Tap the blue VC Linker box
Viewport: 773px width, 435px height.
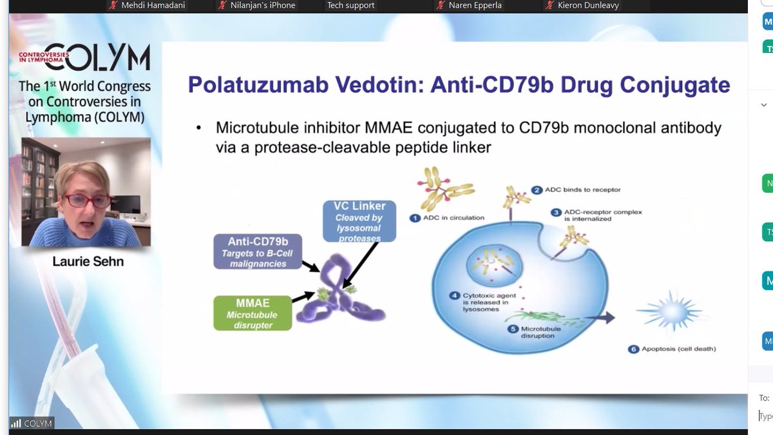[x=359, y=221]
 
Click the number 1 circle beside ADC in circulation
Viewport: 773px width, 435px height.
[x=415, y=218]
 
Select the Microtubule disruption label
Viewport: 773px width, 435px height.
[x=528, y=332]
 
